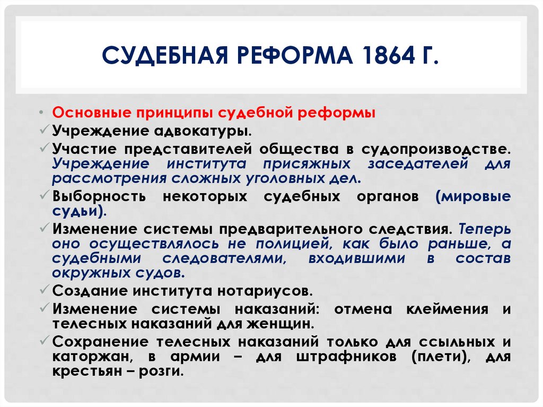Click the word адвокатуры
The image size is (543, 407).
pyautogui.click(x=201, y=129)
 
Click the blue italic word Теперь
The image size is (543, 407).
pyautogui.click(x=485, y=230)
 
